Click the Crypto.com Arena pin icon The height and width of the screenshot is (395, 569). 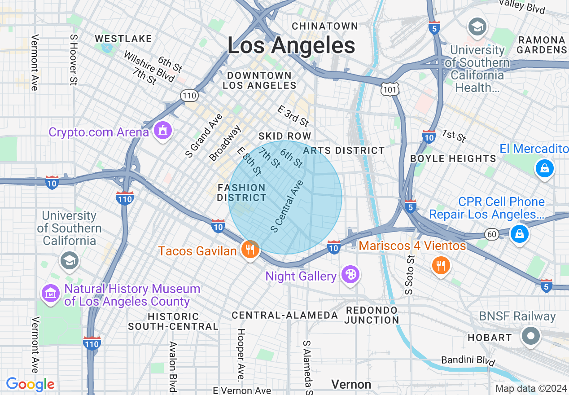pyautogui.click(x=162, y=130)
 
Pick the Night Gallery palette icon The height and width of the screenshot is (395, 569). pyautogui.click(x=350, y=275)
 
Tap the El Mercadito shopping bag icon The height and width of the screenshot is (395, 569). pyautogui.click(x=544, y=168)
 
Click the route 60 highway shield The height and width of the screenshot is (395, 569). pyautogui.click(x=492, y=234)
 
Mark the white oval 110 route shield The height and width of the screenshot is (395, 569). pyautogui.click(x=189, y=95)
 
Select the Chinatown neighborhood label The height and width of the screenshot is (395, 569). pyautogui.click(x=325, y=26)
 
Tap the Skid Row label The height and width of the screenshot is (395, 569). pyautogui.click(x=284, y=136)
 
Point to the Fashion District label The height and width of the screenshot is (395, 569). pyautogui.click(x=242, y=193)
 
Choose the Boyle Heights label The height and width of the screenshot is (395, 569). pyautogui.click(x=453, y=158)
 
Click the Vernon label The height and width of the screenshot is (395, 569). pyautogui.click(x=351, y=384)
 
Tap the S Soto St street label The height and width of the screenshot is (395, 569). pyautogui.click(x=409, y=275)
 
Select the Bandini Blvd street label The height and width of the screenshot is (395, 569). pyautogui.click(x=468, y=360)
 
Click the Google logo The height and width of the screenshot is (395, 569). pyautogui.click(x=30, y=384)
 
